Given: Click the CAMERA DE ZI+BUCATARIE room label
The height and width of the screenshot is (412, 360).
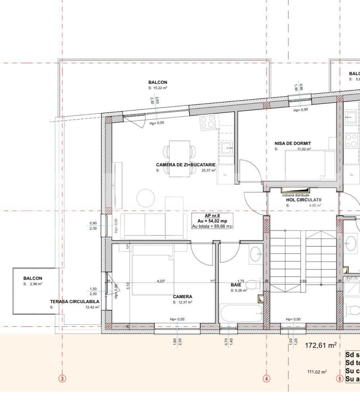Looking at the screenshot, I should point(185,165).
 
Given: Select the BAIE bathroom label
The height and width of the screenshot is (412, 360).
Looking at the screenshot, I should point(236,284).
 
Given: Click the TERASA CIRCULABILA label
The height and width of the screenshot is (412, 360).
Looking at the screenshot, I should point(74,301).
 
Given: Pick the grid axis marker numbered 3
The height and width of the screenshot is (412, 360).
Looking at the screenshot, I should point(62,378).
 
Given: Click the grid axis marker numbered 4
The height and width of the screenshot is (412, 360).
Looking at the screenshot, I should point(266,378).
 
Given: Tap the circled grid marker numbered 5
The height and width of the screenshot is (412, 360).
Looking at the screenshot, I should point(339,379).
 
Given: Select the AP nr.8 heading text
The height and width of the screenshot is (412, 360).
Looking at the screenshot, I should point(213,216).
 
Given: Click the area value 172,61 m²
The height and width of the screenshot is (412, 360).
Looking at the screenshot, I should point(320,345).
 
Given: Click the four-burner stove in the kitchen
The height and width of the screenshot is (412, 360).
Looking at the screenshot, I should point(208,122).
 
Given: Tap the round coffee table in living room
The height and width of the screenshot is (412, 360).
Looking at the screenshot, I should point(146,198).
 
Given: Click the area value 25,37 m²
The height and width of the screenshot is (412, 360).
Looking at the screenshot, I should point(208,170).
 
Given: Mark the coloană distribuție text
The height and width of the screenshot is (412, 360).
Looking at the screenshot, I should point(296,195).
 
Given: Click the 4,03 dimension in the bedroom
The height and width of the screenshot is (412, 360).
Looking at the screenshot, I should point(161,281).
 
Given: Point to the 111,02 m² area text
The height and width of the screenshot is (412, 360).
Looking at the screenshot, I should point(317,372).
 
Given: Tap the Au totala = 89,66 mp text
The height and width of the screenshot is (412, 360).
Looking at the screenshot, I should point(212,226).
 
